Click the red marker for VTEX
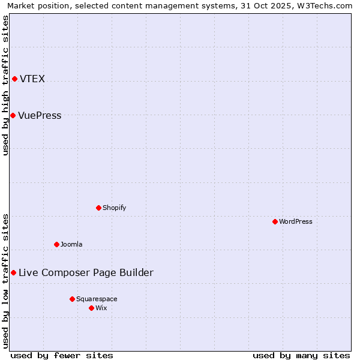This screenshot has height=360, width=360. [14, 79]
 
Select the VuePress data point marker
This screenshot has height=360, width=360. [13, 115]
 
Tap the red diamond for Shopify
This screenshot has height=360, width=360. [98, 208]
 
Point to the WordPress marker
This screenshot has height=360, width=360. [275, 222]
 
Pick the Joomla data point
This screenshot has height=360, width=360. [56, 244]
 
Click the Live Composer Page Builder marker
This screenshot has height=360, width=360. [13, 273]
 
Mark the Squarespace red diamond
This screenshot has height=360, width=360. [72, 299]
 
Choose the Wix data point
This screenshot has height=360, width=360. [91, 308]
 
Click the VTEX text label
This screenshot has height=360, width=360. [32, 79]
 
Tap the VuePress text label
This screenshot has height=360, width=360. [40, 116]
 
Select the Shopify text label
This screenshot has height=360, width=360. [114, 208]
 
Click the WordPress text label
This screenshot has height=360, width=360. [295, 222]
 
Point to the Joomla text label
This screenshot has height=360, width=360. [71, 245]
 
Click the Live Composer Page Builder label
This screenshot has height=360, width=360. [86, 273]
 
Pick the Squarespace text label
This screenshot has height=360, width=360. [97, 299]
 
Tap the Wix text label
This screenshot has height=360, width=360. [101, 308]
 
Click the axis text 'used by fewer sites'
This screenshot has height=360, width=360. [62, 355]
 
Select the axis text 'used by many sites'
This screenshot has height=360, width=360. [301, 355]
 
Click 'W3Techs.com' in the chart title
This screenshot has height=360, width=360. [327, 6]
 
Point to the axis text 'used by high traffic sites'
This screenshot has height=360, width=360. [6, 85]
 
